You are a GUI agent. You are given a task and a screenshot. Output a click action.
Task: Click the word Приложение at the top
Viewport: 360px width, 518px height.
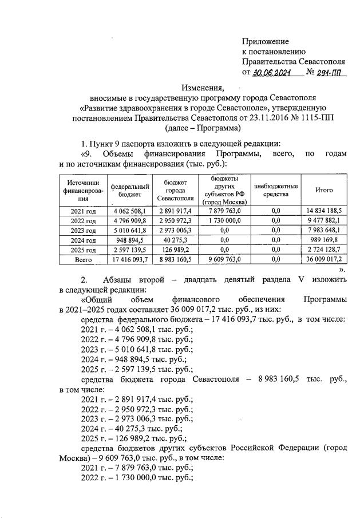pyautogui.click(x=266, y=41)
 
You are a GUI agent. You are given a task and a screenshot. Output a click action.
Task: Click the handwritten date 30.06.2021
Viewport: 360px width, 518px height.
pyautogui.click(x=271, y=73)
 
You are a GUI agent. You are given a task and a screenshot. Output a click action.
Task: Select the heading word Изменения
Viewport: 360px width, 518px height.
pyautogui.click(x=203, y=88)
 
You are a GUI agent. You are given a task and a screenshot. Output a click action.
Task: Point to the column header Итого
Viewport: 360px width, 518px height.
pyautogui.click(x=324, y=190)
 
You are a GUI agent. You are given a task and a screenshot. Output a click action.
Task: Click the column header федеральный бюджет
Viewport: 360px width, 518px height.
pyautogui.click(x=130, y=190)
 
